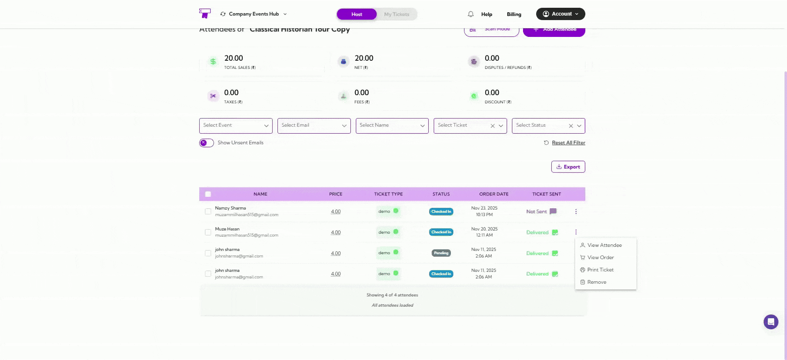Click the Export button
pyautogui.click(x=568, y=167)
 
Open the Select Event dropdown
pyautogui.click(x=235, y=125)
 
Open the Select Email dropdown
pyautogui.click(x=314, y=125)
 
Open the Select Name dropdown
pyautogui.click(x=392, y=125)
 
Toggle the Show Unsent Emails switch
pyautogui.click(x=207, y=143)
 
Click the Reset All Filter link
pyautogui.click(x=568, y=143)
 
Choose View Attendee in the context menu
pyautogui.click(x=604, y=245)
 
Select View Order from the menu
pyautogui.click(x=600, y=257)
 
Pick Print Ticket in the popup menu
pyautogui.click(x=600, y=270)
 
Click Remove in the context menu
pyautogui.click(x=596, y=282)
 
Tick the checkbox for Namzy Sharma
pyautogui.click(x=208, y=212)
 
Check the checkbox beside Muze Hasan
pyautogui.click(x=208, y=232)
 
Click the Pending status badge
pyautogui.click(x=441, y=253)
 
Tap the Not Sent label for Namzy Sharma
pyautogui.click(x=537, y=212)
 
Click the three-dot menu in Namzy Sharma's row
pyautogui.click(x=576, y=212)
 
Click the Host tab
pyautogui.click(x=357, y=14)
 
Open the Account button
pyautogui.click(x=560, y=14)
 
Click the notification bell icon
pyautogui.click(x=471, y=14)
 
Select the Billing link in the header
pyautogui.click(x=514, y=14)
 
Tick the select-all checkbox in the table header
pyautogui.click(x=208, y=194)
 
